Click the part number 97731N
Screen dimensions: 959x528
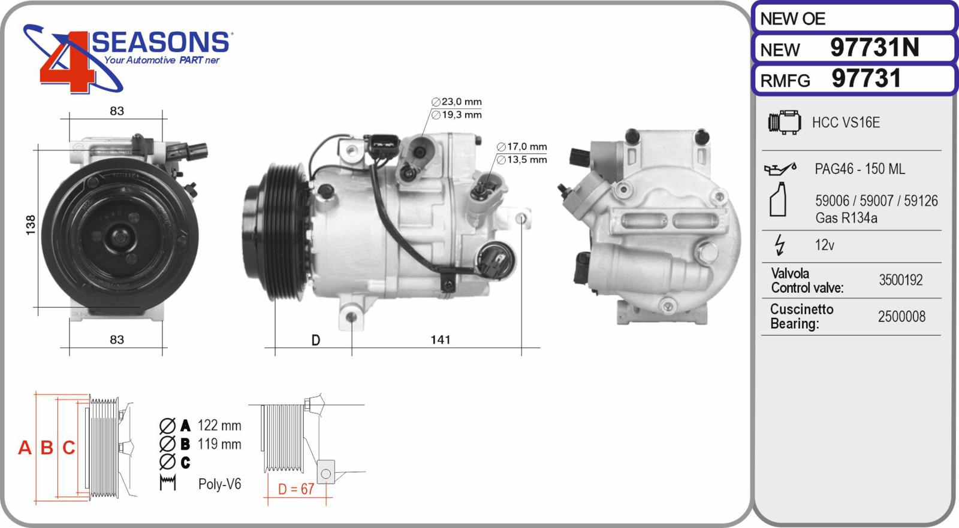pos(874,47)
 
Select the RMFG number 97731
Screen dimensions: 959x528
pos(866,78)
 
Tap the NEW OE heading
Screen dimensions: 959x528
pos(792,19)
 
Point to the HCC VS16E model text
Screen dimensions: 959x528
pos(846,123)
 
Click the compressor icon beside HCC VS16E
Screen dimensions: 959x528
pos(785,123)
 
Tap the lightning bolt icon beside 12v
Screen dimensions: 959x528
pos(780,245)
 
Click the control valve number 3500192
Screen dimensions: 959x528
pos(901,280)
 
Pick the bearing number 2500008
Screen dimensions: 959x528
pos(901,317)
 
